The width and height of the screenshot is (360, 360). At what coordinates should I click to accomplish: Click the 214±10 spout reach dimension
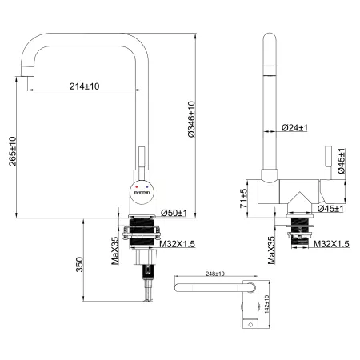[x=84, y=86]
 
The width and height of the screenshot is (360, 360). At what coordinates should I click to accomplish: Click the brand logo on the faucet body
[x=141, y=191]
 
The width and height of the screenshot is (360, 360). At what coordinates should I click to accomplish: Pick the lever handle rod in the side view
[x=326, y=163]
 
